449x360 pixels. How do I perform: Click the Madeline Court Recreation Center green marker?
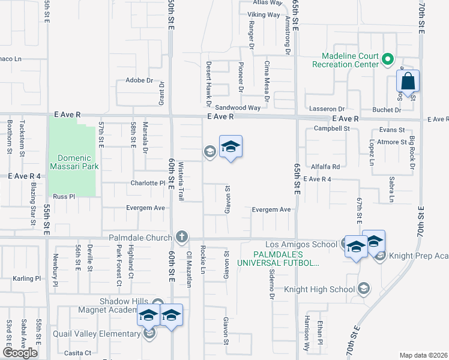pyautogui.click(x=388, y=59)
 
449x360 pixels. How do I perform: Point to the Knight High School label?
pyautogui.click(x=327, y=289)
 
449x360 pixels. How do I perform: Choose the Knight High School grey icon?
pyautogui.click(x=363, y=289)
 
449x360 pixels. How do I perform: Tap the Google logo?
pyautogui.click(x=20, y=353)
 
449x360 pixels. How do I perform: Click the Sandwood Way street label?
pyautogui.click(x=238, y=108)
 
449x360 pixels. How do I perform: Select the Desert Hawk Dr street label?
pyautogui.click(x=209, y=79)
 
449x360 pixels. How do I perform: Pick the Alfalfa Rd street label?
pyautogui.click(x=326, y=166)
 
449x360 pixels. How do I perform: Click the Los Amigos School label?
pyautogui.click(x=301, y=244)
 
